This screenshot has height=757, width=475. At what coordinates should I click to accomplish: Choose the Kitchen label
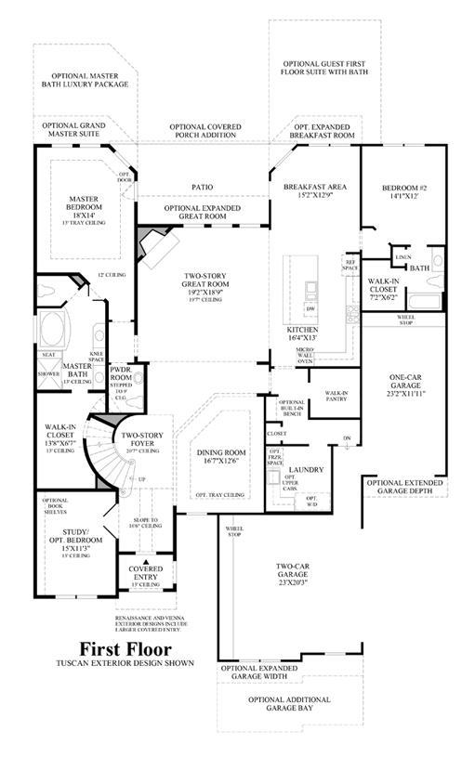[x=303, y=334]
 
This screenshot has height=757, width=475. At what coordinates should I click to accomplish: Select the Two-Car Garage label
[x=292, y=568]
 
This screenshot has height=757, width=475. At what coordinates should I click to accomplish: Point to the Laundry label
[x=308, y=470]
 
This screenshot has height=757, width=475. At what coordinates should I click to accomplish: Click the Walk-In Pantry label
[x=336, y=396]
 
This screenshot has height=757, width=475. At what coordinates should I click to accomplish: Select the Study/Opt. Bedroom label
[x=73, y=541]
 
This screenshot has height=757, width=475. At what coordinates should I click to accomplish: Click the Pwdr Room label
[x=122, y=372]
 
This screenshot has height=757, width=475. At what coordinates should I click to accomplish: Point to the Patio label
[x=202, y=187]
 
